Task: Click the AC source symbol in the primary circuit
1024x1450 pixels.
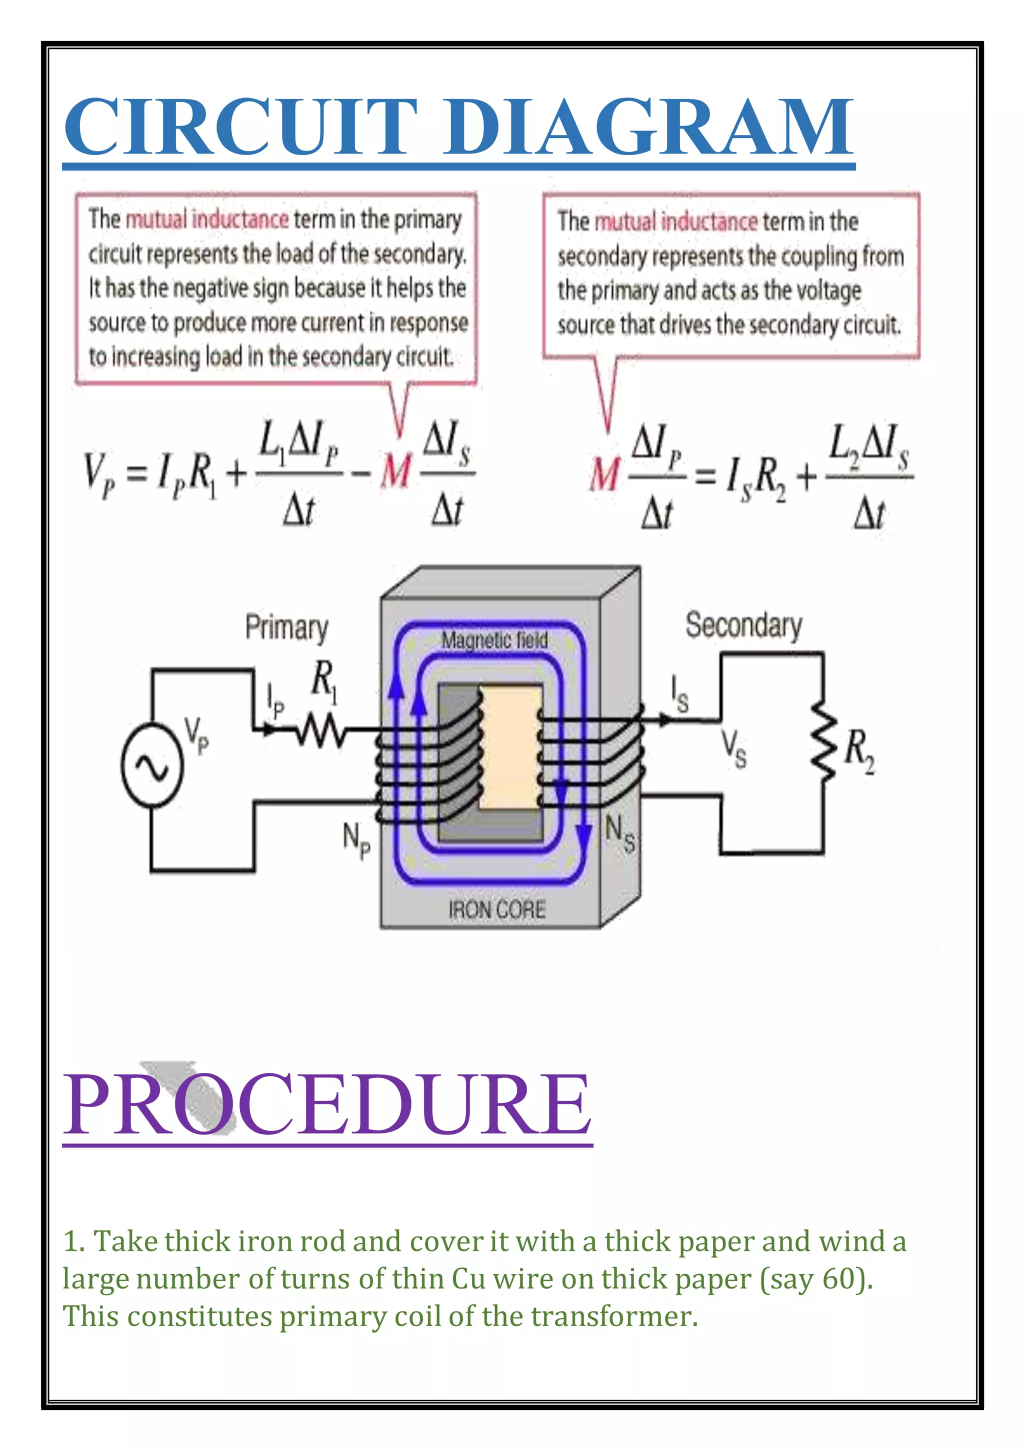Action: pos(152,765)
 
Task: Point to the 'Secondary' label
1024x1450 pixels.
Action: pos(743,625)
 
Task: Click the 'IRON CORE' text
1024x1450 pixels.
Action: pos(496,909)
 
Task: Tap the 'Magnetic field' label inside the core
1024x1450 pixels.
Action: pos(494,640)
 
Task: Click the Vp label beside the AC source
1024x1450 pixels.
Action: pos(196,735)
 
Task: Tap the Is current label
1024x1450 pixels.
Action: pos(679,693)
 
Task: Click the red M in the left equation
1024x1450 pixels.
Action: pos(396,471)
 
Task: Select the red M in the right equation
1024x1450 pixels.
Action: pos(604,473)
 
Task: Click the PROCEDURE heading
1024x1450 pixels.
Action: pos(327,1104)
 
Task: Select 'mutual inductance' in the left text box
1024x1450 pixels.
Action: pos(207,219)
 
